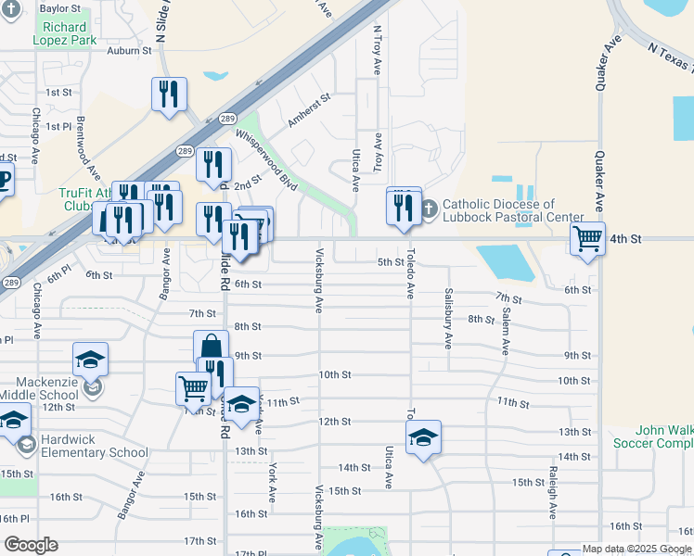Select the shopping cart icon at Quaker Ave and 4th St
(x=587, y=239)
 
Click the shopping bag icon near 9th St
(x=212, y=347)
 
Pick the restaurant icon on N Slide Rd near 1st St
(x=169, y=94)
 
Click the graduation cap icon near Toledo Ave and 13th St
(x=423, y=437)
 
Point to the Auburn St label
(x=128, y=51)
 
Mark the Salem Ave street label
(x=506, y=331)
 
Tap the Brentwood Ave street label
(x=88, y=148)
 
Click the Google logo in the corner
(x=30, y=545)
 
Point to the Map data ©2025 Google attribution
(x=636, y=549)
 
